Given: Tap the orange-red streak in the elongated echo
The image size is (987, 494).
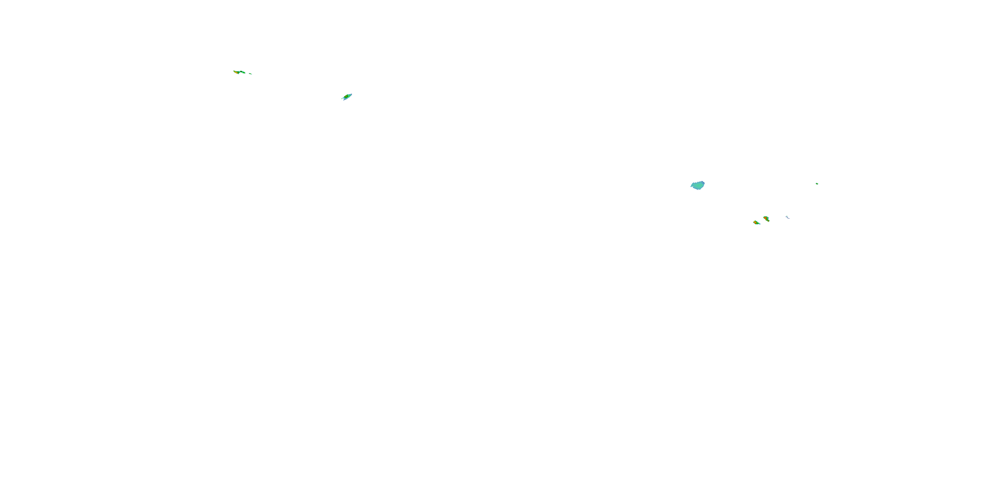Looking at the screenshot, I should click(237, 73).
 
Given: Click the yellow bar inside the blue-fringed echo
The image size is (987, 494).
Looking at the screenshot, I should click(346, 96).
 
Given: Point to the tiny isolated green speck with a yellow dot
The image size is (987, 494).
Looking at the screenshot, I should click(817, 184).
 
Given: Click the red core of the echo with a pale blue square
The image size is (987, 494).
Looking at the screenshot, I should click(756, 223).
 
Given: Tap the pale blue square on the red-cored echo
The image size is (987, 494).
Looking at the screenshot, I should click(760, 224).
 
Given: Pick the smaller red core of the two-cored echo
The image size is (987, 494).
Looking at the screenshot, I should click(768, 221).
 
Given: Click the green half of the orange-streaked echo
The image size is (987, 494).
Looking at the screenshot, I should click(243, 72).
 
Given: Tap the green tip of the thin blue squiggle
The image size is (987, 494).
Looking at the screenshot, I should click(787, 216).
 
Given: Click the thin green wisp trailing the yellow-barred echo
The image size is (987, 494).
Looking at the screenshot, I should click(342, 98).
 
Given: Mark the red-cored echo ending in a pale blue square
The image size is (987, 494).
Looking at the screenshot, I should click(757, 222).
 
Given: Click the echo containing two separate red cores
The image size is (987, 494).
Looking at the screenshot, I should click(766, 219).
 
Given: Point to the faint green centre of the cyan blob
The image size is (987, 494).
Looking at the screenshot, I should click(698, 186).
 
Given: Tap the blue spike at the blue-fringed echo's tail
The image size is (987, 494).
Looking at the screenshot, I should click(344, 100).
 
